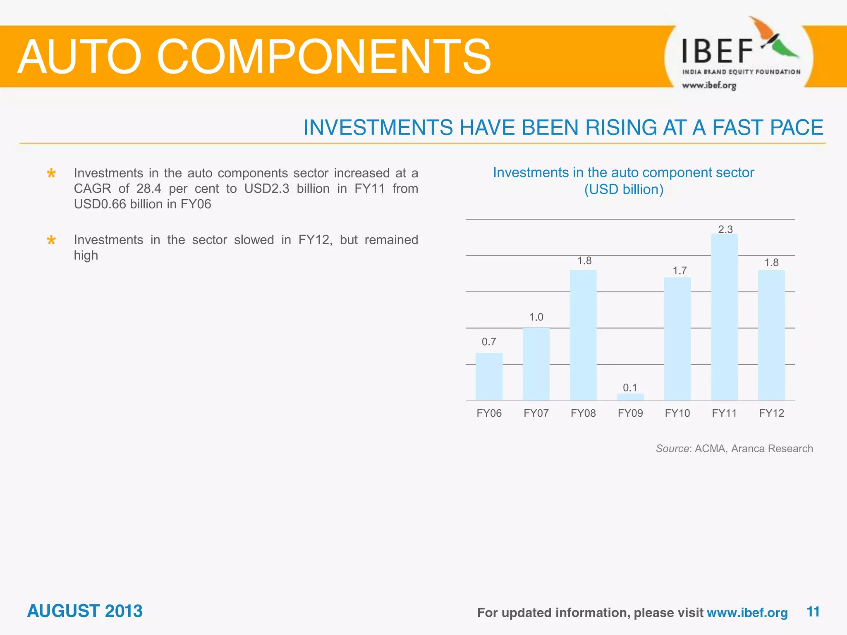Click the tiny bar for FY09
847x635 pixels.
click(x=630, y=397)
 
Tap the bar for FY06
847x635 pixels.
click(x=489, y=377)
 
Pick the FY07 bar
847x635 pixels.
click(x=536, y=364)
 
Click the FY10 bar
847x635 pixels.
click(x=677, y=339)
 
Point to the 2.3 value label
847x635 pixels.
click(x=725, y=229)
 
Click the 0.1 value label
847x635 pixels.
click(x=630, y=388)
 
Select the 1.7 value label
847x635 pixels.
click(x=679, y=271)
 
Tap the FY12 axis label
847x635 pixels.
click(x=771, y=413)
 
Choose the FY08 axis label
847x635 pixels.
click(x=583, y=413)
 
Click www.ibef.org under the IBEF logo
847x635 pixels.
click(x=709, y=86)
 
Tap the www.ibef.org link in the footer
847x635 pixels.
click(x=747, y=613)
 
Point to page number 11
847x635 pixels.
click(x=813, y=612)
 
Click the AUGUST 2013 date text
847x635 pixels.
click(x=85, y=611)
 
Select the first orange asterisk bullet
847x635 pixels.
click(x=51, y=173)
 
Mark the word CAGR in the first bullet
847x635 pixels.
click(x=92, y=189)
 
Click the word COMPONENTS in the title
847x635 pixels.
click(x=323, y=57)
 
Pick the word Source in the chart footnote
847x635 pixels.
click(x=672, y=449)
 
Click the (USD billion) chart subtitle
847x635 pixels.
click(x=623, y=190)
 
